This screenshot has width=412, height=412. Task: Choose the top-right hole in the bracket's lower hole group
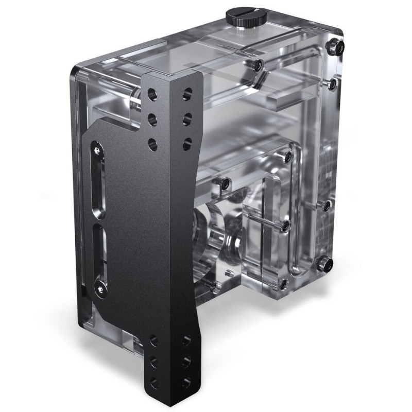(x=186, y=340)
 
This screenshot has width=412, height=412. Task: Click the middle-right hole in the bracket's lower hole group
(x=186, y=360)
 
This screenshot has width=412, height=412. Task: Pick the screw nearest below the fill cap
(x=256, y=64)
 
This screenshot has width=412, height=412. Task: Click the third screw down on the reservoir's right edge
(x=327, y=205)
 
